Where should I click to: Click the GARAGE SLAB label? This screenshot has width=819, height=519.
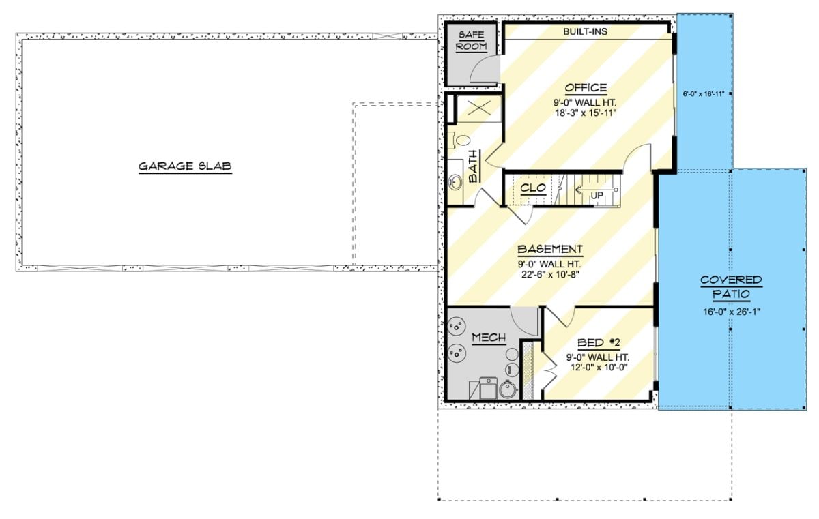pos(185,166)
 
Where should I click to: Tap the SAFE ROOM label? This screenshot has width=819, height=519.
pos(471,40)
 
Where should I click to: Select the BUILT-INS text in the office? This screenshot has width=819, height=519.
pos(585,31)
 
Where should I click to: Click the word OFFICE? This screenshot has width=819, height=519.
pos(586,88)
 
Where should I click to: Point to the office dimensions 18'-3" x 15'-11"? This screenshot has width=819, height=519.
pos(585,113)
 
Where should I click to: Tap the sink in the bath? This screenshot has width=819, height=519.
pos(456,182)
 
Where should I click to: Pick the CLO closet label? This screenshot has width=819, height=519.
pos(532,187)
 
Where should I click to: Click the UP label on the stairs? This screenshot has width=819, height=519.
pos(597,196)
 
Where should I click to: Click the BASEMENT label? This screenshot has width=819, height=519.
pos(549,250)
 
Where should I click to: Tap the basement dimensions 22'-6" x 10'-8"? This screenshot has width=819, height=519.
pos(549,275)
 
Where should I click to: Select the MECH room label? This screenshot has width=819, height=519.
pos(489,338)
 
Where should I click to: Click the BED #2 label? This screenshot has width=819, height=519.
pos(598,342)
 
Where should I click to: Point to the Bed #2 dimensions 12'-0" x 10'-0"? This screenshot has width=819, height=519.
pos(598,367)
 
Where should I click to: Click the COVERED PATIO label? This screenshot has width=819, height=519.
pos(731,287)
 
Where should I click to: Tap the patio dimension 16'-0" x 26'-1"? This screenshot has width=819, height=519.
pos(731,312)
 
